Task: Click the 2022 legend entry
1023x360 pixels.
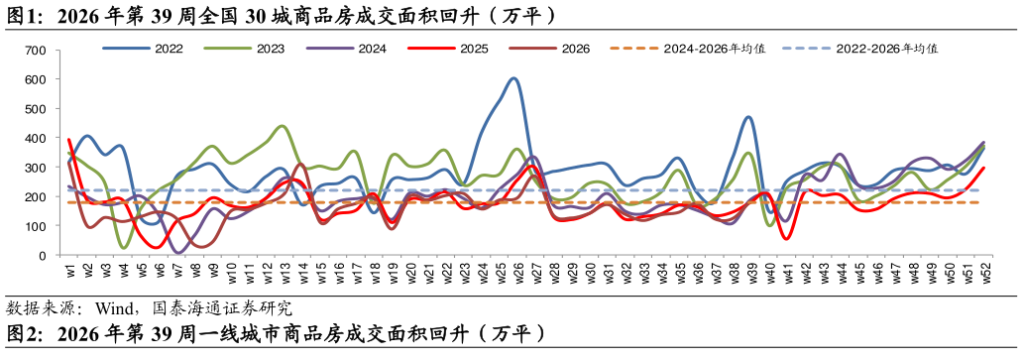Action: click(142, 49)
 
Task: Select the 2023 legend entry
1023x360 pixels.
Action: click(243, 49)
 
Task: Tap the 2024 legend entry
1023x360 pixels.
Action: click(346, 49)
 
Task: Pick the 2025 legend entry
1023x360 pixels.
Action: click(448, 49)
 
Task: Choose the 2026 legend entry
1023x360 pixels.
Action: click(549, 49)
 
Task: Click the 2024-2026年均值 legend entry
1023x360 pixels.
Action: click(688, 49)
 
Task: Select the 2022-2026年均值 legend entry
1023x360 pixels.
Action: click(861, 49)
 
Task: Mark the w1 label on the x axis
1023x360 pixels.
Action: click(69, 270)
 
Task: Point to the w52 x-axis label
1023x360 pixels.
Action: click(987, 272)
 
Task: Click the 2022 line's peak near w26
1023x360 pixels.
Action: click(514, 79)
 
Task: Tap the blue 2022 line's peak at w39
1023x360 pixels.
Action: click(748, 117)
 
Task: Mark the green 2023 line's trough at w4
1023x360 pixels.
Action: click(124, 248)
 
